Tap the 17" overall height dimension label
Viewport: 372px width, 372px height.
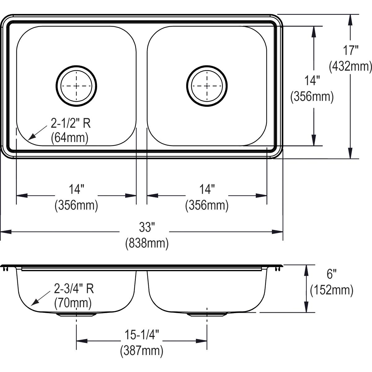point(351,50)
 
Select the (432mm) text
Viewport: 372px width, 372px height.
point(351,66)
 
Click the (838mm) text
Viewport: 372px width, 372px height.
point(147,243)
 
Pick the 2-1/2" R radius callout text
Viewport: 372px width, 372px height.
point(71,124)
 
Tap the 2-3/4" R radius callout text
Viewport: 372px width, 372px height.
point(74,289)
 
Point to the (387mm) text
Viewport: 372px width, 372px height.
point(142,351)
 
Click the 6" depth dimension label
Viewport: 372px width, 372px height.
point(331,274)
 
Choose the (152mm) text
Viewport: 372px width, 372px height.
point(332,290)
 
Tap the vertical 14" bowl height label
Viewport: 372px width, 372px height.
point(312,81)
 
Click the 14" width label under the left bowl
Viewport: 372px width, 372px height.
point(76,189)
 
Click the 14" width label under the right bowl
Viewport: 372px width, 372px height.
point(207,189)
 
